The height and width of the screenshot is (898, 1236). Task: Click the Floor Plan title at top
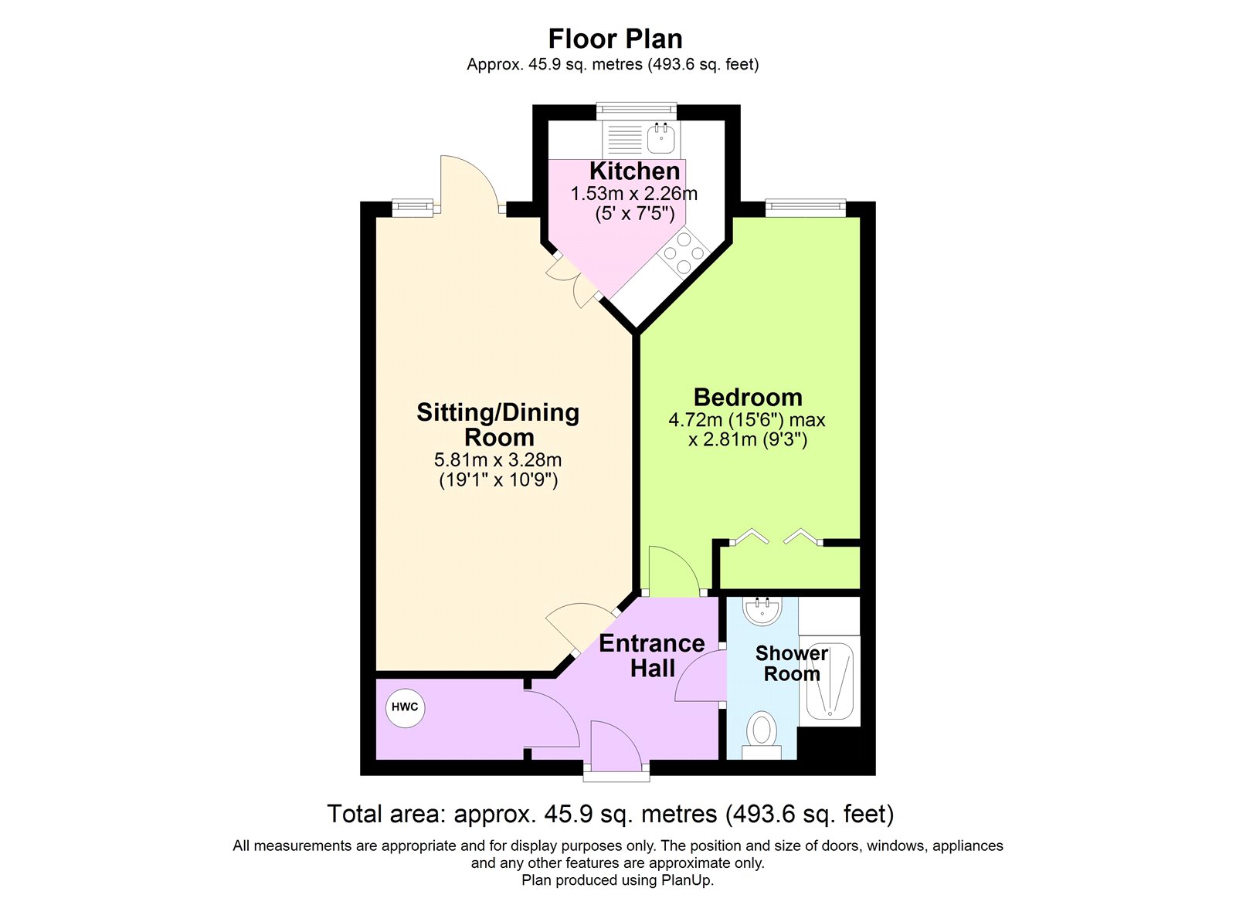tap(615, 39)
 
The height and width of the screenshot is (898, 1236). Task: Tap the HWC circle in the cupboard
tap(405, 707)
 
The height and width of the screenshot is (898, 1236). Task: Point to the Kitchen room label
tap(634, 171)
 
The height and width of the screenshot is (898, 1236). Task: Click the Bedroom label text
tap(747, 397)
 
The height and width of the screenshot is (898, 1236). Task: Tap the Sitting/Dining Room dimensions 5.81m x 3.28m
tap(497, 460)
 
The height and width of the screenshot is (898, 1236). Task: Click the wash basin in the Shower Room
tap(762, 611)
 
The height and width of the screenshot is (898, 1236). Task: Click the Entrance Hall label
tap(651, 656)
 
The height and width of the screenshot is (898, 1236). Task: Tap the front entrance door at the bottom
tap(616, 747)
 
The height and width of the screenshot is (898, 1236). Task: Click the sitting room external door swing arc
tap(470, 181)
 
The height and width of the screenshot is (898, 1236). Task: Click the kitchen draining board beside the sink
tap(624, 140)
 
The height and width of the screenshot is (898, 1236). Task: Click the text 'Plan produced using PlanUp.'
tap(617, 880)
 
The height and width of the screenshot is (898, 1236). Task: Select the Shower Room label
tap(791, 663)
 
